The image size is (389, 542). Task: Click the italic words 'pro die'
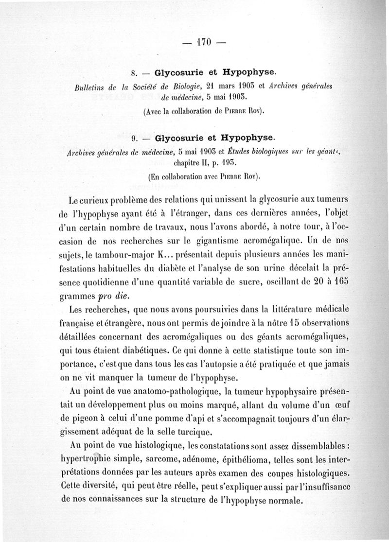113,295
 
